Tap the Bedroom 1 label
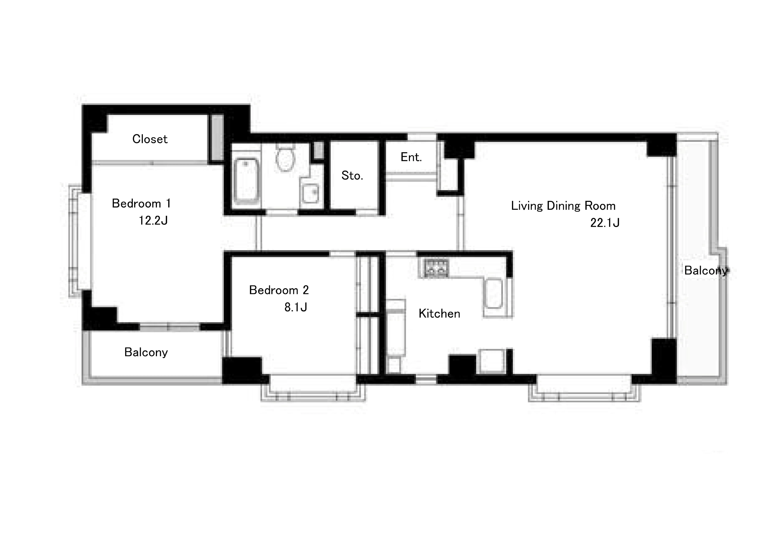(141, 203)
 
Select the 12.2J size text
(153, 220)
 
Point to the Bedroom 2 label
(279, 290)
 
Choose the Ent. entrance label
(411, 157)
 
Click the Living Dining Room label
(563, 206)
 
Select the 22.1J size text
(605, 222)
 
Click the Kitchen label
(439, 313)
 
